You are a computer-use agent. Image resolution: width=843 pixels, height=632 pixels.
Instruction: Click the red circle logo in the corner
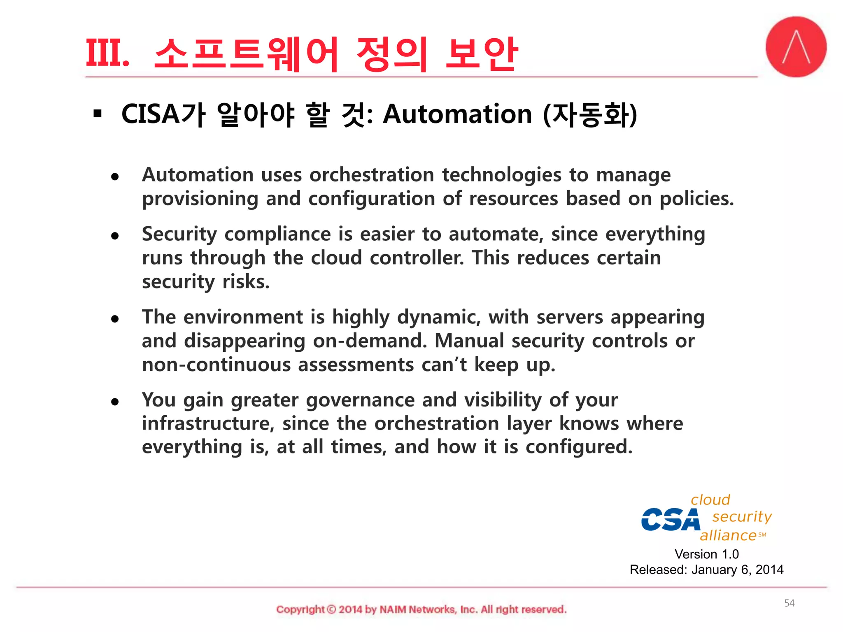point(796,46)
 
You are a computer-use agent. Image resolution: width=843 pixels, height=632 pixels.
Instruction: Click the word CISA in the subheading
point(150,114)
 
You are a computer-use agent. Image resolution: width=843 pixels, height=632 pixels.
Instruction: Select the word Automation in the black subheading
point(457,114)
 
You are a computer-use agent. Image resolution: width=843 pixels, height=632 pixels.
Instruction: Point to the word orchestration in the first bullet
point(372,175)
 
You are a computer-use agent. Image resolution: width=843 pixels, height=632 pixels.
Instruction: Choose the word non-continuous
point(216,365)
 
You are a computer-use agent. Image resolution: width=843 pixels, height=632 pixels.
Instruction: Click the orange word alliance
point(728,535)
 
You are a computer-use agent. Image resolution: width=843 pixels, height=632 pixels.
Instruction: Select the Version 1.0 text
point(706,554)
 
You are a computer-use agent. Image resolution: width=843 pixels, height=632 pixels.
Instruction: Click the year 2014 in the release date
point(769,570)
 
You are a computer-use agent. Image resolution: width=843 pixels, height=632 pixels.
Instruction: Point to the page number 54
point(789,603)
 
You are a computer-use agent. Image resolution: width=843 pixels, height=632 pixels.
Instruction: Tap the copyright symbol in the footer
point(331,609)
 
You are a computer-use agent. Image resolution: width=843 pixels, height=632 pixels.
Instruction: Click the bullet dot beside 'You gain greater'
point(115,402)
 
